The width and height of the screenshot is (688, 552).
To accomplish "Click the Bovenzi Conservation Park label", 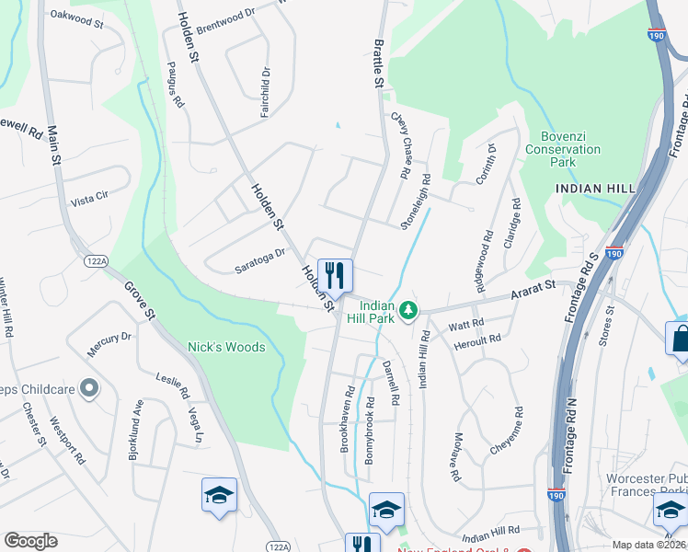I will tap(550, 146).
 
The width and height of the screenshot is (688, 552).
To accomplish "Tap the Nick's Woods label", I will tap(226, 347).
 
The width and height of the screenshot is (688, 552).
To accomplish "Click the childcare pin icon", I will tap(89, 388).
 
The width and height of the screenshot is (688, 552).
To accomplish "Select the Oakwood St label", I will tap(76, 16).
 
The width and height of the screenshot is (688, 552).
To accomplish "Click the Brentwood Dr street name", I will tap(225, 16).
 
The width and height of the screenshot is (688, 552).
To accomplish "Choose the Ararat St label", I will tap(533, 293).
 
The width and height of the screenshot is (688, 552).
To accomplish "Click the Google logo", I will tap(30, 541).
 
